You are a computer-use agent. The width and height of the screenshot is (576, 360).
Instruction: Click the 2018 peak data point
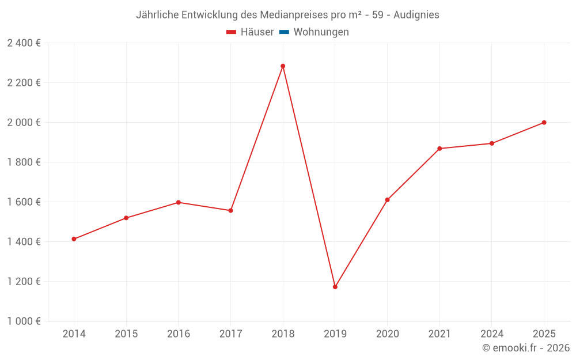click(283, 66)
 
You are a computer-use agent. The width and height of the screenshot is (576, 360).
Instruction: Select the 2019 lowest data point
click(335, 287)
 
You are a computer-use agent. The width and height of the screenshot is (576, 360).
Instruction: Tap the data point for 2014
click(74, 239)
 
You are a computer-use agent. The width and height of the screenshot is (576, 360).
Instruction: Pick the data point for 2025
click(544, 123)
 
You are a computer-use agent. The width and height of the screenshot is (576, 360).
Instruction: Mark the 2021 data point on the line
click(439, 149)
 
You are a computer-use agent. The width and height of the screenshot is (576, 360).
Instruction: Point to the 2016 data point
click(179, 202)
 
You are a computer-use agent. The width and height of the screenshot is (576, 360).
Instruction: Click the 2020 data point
click(387, 200)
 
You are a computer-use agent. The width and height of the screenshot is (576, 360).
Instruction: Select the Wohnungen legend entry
click(321, 32)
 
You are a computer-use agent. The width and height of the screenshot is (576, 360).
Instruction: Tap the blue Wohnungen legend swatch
click(283, 32)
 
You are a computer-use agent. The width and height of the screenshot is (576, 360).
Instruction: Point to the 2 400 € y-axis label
click(24, 43)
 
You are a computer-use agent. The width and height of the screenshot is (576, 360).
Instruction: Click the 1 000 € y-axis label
click(24, 321)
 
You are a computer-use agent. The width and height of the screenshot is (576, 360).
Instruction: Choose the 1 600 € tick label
click(24, 202)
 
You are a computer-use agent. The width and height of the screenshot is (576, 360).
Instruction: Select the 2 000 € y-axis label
click(24, 122)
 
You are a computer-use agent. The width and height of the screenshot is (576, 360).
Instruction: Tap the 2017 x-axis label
click(230, 334)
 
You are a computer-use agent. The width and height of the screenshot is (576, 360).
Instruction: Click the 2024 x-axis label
click(492, 334)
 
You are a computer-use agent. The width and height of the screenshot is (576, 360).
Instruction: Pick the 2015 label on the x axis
click(126, 334)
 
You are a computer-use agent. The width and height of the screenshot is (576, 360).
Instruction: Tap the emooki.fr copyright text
click(526, 348)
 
